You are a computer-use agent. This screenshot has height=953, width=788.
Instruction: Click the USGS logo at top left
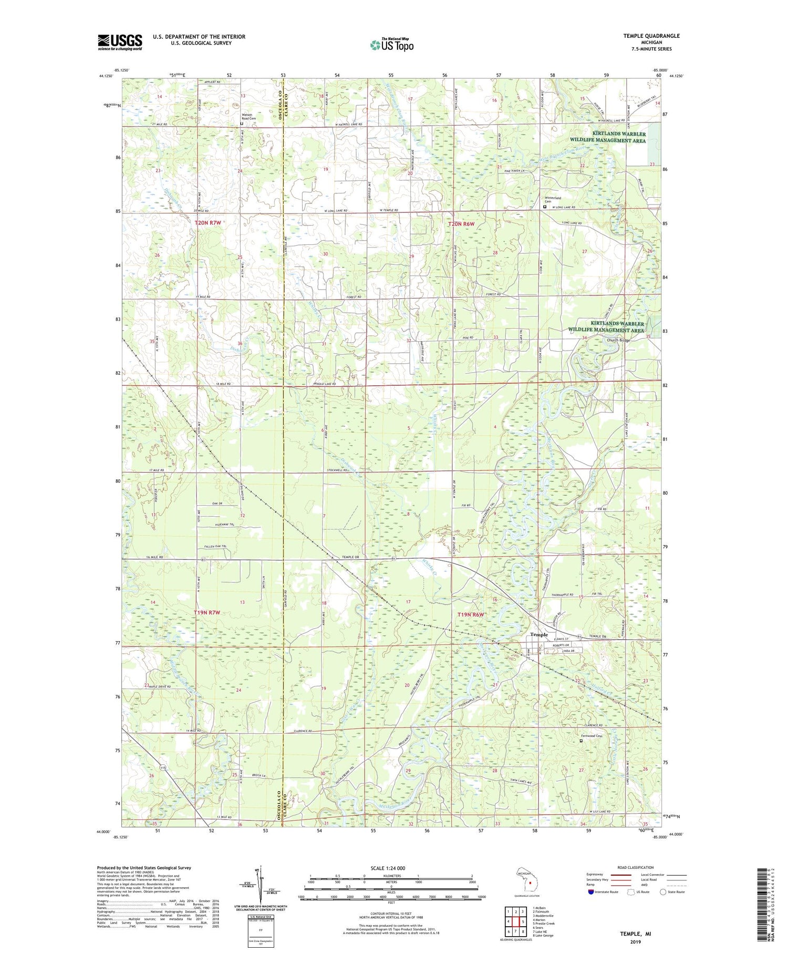point(120,42)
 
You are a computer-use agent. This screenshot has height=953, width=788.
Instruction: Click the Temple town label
point(538,634)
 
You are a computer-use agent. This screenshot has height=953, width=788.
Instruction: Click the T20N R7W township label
point(208,223)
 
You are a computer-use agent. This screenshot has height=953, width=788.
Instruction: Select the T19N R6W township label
point(470,614)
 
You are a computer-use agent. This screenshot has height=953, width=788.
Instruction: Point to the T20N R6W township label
point(461,224)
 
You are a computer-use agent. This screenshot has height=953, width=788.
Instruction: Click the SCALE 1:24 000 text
point(391,868)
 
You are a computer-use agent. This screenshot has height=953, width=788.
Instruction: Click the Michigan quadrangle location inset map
point(529,880)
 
